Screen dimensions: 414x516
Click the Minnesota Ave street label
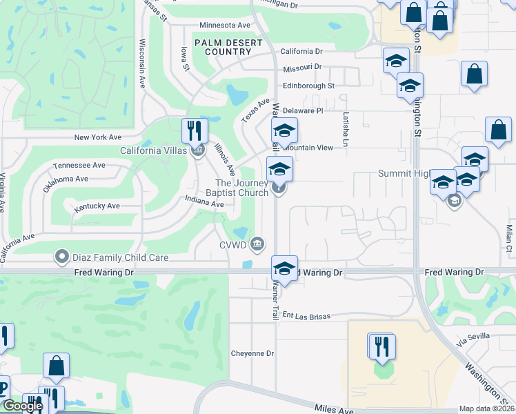click(224, 26)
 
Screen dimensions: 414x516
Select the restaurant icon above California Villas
click(195, 130)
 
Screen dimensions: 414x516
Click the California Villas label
click(153, 150)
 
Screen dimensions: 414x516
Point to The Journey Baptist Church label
click(241, 188)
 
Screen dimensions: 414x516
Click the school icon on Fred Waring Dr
click(284, 268)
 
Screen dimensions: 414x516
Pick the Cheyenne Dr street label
click(252, 353)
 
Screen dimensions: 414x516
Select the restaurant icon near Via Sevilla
click(381, 346)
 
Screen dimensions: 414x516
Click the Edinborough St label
click(308, 86)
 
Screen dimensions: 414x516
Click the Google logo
click(23, 406)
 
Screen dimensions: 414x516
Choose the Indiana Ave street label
click(204, 203)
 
